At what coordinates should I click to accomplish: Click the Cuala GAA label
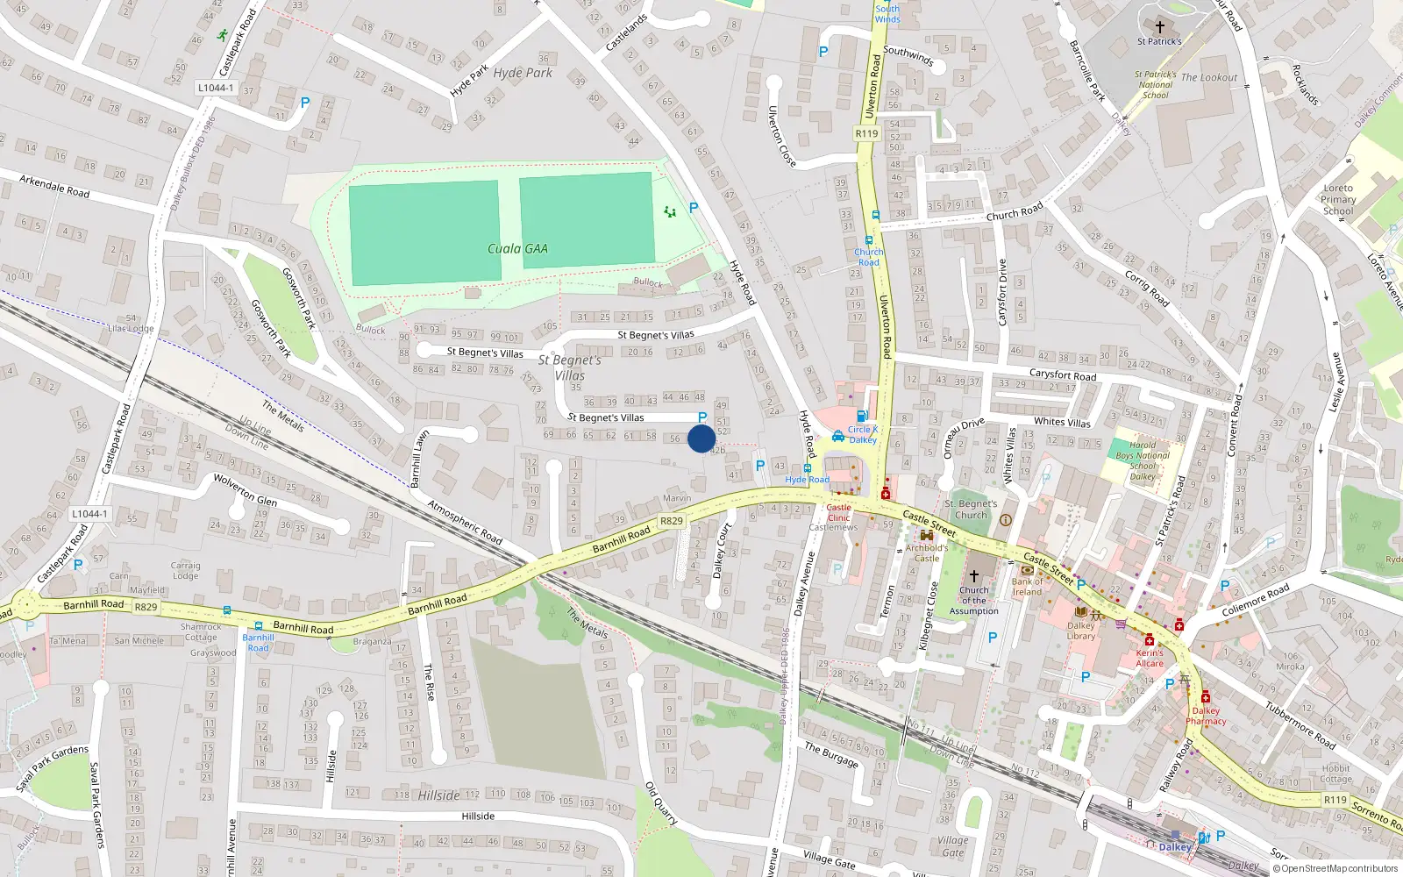click(517, 249)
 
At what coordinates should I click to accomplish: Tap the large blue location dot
click(701, 438)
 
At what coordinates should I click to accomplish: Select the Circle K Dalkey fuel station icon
click(862, 417)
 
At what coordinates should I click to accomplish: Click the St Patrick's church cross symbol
click(1159, 27)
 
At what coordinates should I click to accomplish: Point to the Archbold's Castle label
click(927, 553)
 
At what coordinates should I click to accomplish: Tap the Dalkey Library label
click(1081, 631)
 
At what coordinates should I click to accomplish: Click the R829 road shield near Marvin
click(671, 521)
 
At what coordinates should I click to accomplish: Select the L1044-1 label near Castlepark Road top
click(215, 88)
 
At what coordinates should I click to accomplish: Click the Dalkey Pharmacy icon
click(1206, 697)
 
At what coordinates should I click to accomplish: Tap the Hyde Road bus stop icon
click(807, 468)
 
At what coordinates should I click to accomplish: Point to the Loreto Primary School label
click(1338, 199)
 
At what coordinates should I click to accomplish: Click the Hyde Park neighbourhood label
click(523, 73)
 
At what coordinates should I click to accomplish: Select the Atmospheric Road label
click(465, 522)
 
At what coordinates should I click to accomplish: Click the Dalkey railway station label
click(1175, 847)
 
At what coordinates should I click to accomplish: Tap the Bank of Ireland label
click(1027, 587)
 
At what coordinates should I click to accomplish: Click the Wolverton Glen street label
click(246, 489)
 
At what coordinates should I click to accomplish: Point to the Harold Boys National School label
click(1143, 460)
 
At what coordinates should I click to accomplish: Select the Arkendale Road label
click(54, 186)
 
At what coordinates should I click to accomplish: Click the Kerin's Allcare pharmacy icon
click(1149, 639)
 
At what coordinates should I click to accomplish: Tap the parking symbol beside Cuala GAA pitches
click(694, 208)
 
